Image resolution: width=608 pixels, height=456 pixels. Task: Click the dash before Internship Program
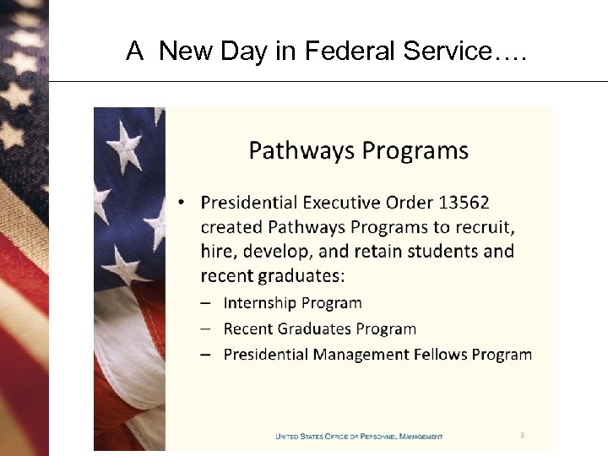(x=206, y=303)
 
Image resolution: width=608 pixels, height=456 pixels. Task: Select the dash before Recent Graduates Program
(x=206, y=329)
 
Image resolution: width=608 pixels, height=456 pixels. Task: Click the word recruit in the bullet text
(x=486, y=227)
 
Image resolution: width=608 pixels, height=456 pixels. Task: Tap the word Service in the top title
(x=449, y=52)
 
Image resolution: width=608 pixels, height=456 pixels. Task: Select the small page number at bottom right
(x=522, y=436)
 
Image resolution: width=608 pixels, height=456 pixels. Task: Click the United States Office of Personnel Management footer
(x=359, y=437)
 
